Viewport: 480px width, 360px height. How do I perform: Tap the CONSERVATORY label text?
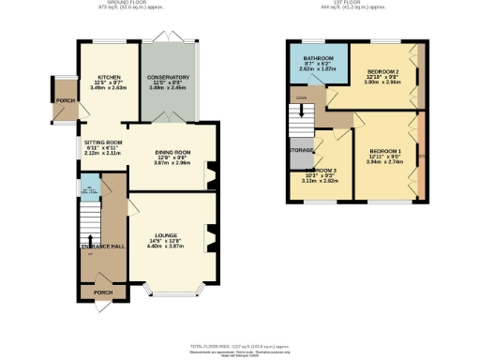click(x=168, y=77)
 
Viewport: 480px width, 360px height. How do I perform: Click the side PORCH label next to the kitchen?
click(x=65, y=100)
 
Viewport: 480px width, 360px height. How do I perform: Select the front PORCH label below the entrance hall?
click(x=103, y=292)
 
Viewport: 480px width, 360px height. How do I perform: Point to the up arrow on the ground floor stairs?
click(x=90, y=254)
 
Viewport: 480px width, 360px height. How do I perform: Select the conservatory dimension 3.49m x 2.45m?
click(x=168, y=90)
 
